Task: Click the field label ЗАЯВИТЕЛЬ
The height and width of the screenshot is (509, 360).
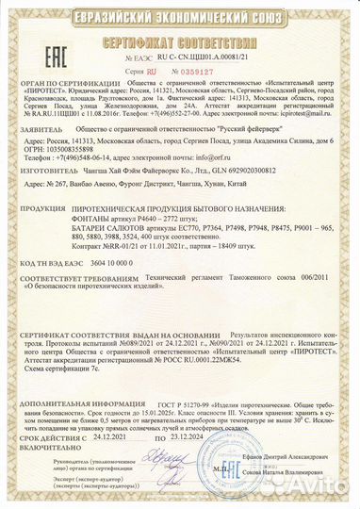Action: (37, 147)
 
